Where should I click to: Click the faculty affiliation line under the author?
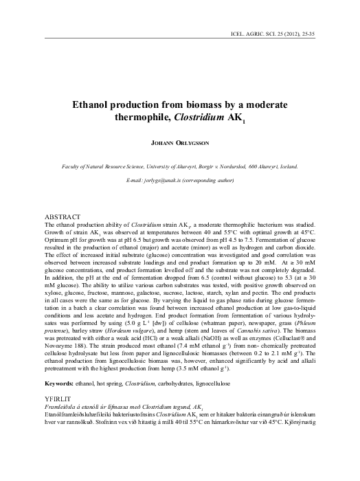pyautogui.click(x=180, y=166)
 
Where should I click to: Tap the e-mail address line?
pyautogui.click(x=180, y=180)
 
